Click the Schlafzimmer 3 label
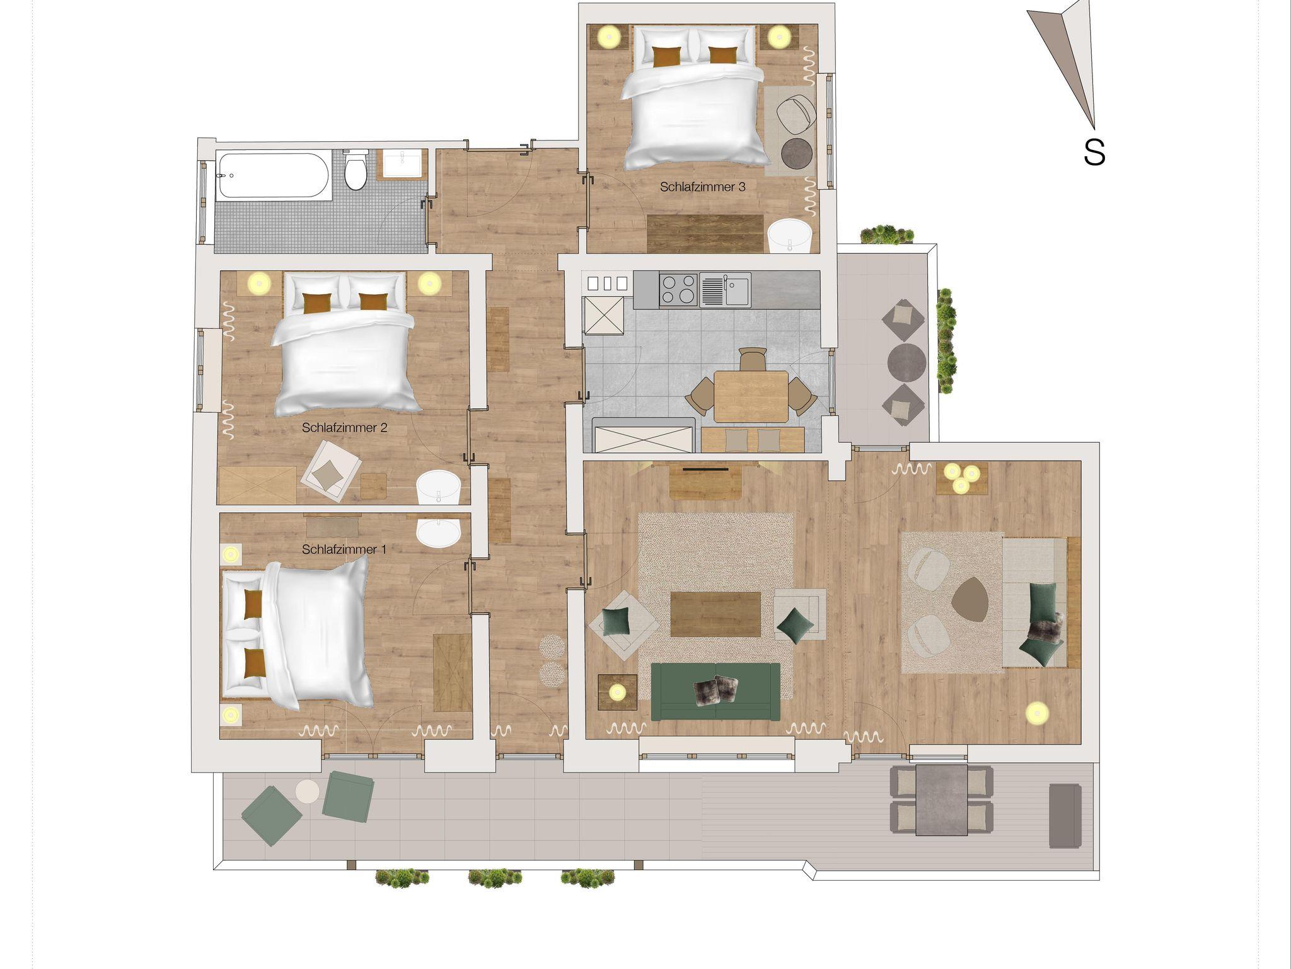[x=703, y=187]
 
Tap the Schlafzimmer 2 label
[x=344, y=428]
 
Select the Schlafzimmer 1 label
[x=344, y=549]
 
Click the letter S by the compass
[x=1094, y=152]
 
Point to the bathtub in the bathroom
[x=272, y=176]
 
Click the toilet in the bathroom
[x=356, y=169]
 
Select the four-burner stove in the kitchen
[x=678, y=289]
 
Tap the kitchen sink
[x=725, y=289]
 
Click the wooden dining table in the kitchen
[x=751, y=396]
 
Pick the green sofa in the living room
[x=715, y=691]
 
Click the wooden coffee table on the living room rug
[x=715, y=614]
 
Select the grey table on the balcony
[x=941, y=800]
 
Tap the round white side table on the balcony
[x=308, y=791]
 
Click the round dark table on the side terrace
[x=906, y=362]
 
